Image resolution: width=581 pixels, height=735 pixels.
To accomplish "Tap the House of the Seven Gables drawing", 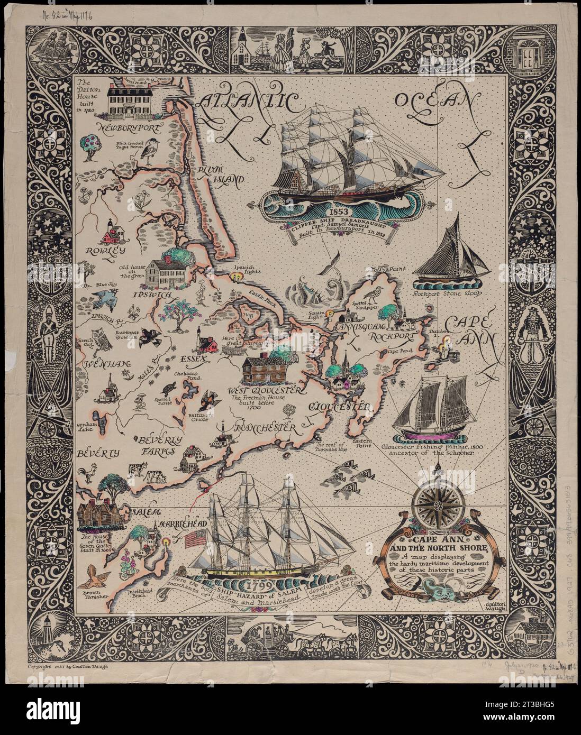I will click(97, 512).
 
